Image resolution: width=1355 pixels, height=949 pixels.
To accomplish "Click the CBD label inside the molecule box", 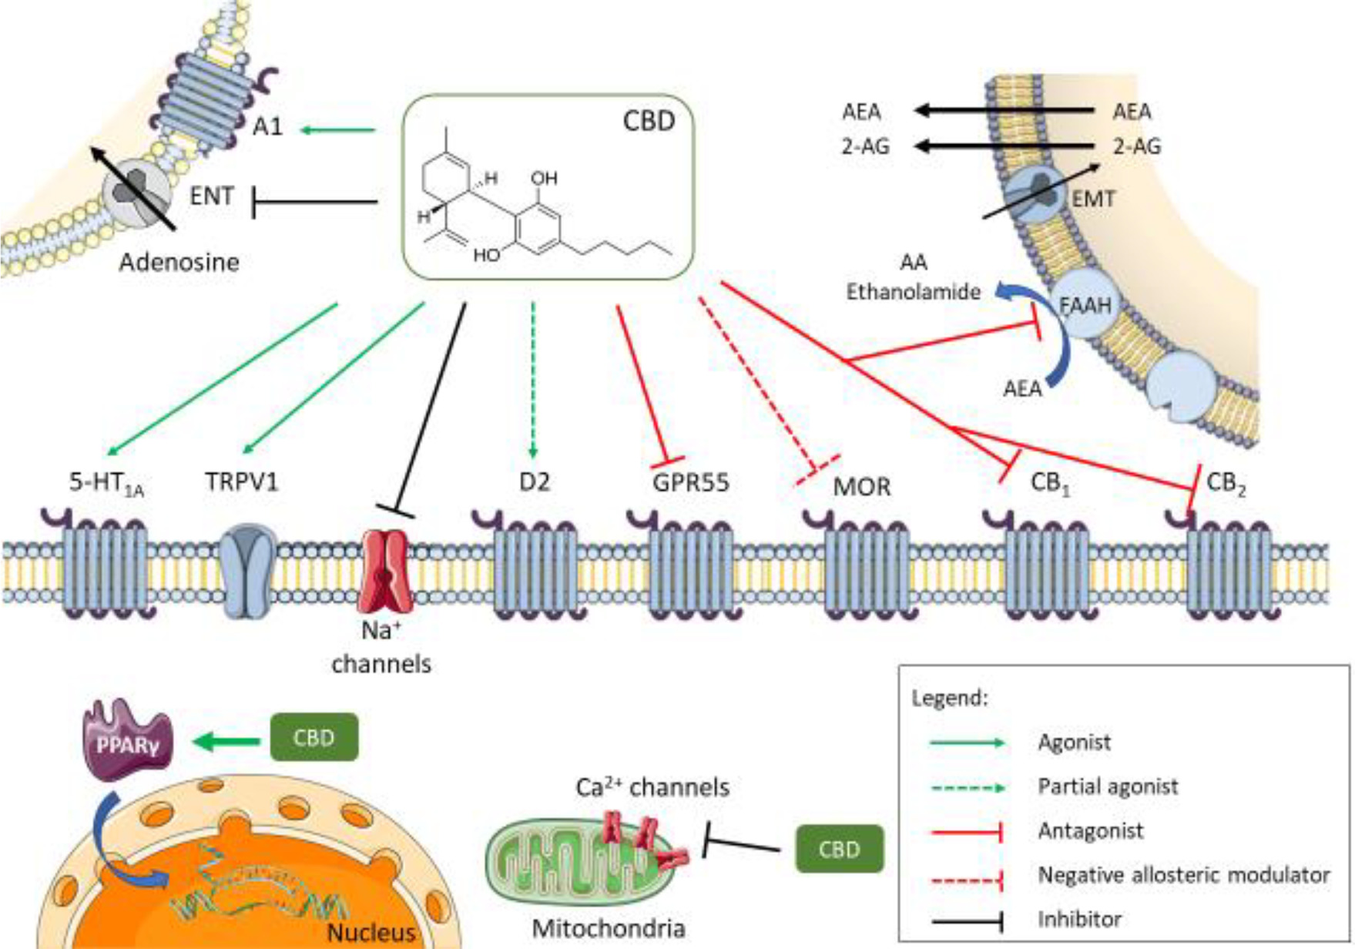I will (x=649, y=121).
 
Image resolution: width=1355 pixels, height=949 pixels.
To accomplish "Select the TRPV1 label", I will (x=241, y=482).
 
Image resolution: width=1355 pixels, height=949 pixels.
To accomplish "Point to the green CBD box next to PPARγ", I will (x=314, y=737).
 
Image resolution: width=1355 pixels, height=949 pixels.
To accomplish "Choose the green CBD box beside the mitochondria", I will (x=839, y=849).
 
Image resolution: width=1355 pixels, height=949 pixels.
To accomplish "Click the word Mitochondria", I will (x=609, y=928).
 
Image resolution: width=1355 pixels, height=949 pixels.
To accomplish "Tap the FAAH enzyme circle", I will (x=1085, y=306).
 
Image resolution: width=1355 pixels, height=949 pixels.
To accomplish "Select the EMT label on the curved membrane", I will (x=1093, y=200).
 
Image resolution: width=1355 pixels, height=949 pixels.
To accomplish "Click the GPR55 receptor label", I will (x=690, y=483).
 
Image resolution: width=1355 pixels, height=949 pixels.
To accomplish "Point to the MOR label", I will (x=862, y=487).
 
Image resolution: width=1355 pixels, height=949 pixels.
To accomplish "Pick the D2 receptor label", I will (x=535, y=482).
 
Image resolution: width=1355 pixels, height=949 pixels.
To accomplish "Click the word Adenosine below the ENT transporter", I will (x=179, y=263).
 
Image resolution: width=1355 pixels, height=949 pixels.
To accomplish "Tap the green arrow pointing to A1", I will (x=337, y=129).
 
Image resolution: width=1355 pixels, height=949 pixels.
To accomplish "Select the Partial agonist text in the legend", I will (x=1108, y=786).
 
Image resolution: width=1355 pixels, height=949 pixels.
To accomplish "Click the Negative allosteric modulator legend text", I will (x=1183, y=875).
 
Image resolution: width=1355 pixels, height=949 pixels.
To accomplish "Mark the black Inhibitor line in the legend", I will (x=967, y=920).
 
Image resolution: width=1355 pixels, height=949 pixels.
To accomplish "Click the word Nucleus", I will (x=371, y=932).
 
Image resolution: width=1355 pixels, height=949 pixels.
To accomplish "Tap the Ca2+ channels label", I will (x=652, y=787).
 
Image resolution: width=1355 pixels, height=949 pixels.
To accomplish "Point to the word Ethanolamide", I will (x=914, y=292).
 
